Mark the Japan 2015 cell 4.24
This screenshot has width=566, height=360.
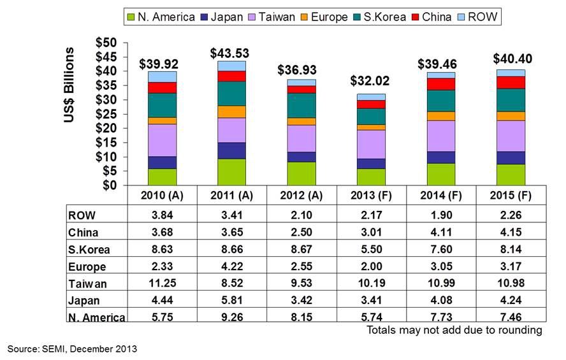coord(511,300)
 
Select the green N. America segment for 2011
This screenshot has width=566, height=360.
coord(230,172)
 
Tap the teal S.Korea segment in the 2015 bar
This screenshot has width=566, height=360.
coord(511,100)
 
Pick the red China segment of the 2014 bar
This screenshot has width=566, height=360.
coord(440,84)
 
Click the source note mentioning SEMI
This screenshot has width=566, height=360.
coord(72,349)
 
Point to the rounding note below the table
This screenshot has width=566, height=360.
coord(454,330)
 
